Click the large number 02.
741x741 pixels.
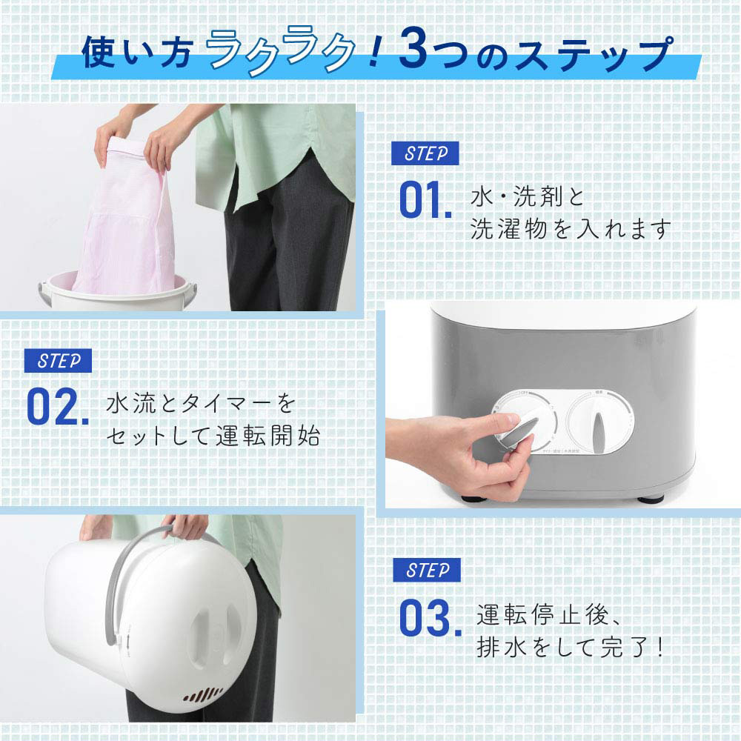[x=57, y=407]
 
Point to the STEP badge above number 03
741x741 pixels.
[x=426, y=570]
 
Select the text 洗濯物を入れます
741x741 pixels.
[x=571, y=228]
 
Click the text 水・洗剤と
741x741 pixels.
[x=528, y=198]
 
